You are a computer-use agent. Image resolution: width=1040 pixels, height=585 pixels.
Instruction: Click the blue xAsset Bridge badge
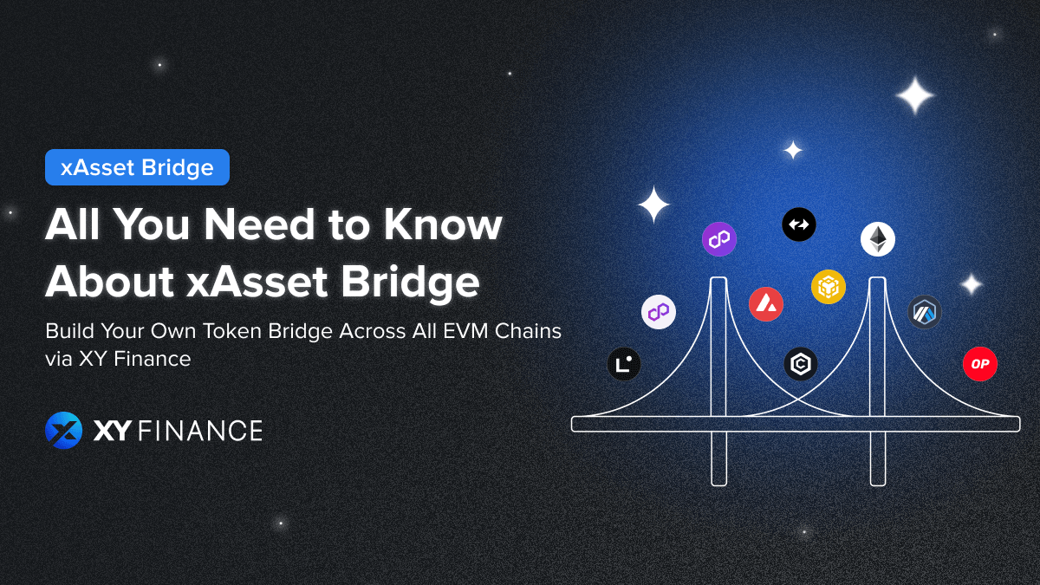(x=137, y=167)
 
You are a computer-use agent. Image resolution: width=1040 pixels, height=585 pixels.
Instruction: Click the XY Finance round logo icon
(x=63, y=430)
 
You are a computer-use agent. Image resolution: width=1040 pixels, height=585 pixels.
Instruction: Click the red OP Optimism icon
(x=979, y=364)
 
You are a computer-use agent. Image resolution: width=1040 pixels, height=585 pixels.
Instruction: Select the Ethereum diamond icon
(x=877, y=239)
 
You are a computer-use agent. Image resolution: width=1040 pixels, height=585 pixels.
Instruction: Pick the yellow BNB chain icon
(x=828, y=286)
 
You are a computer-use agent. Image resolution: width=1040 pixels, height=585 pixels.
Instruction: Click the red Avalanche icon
(x=766, y=304)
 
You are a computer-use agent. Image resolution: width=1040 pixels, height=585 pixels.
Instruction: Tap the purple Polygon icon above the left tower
(x=718, y=239)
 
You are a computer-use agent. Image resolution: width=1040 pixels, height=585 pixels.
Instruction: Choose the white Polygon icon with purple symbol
(x=659, y=312)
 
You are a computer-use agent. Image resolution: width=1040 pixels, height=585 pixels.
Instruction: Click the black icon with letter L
(x=623, y=364)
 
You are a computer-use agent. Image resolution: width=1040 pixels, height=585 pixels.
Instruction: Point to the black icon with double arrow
(x=798, y=224)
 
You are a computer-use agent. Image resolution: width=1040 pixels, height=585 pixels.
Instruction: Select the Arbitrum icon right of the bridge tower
(x=924, y=312)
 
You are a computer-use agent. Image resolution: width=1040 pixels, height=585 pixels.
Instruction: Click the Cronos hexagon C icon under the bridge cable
(x=801, y=364)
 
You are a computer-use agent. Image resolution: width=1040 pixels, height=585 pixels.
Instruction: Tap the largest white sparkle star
(x=914, y=95)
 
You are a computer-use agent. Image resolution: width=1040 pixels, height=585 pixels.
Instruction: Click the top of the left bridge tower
(x=718, y=281)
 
